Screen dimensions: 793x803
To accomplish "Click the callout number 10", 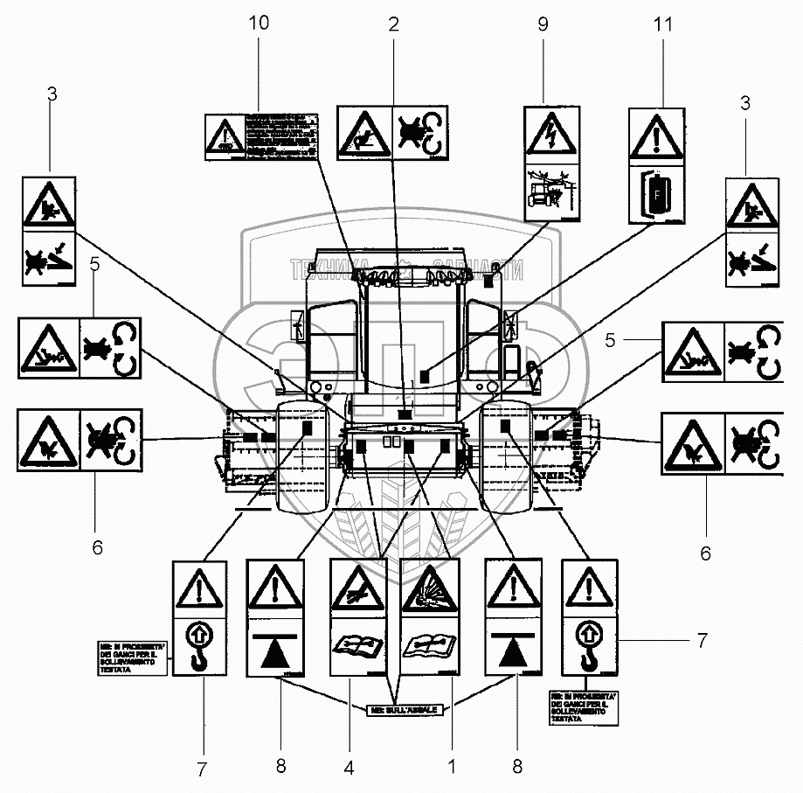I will [x=259, y=24].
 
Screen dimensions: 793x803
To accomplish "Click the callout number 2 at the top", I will [x=393, y=24].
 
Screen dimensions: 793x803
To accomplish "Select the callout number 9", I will [x=543, y=24].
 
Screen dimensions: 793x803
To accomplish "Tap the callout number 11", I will [x=663, y=24].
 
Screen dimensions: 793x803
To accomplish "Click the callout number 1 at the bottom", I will [x=451, y=767].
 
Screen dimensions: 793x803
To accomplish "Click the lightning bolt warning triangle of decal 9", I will [x=551, y=133].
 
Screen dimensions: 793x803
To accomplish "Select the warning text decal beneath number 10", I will [x=261, y=136].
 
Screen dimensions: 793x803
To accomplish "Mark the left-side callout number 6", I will [x=97, y=548].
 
